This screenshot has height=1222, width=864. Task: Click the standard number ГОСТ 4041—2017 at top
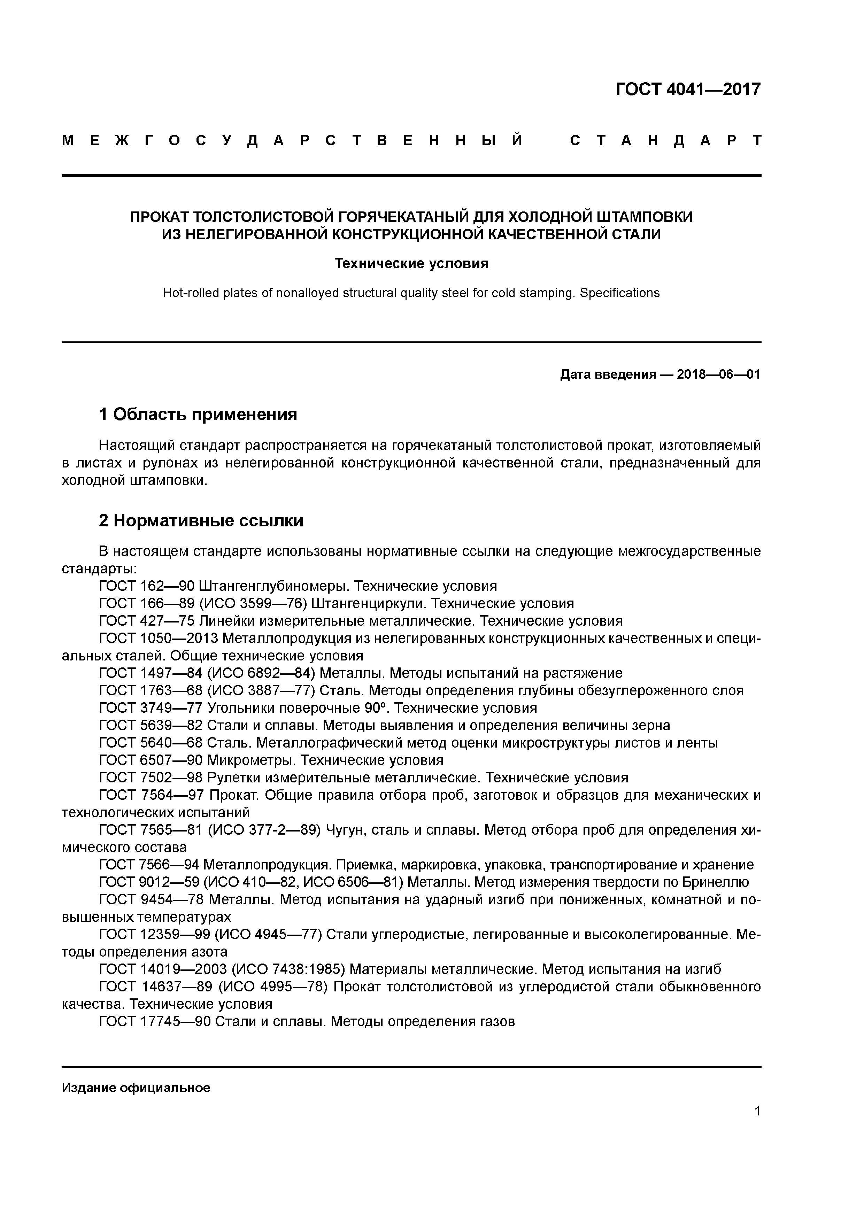tap(688, 90)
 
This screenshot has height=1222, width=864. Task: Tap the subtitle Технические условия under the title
tap(411, 263)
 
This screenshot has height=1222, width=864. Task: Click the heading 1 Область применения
tap(198, 414)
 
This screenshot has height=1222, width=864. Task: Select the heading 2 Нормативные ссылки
tap(201, 520)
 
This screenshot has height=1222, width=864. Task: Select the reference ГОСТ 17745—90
tap(155, 1021)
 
